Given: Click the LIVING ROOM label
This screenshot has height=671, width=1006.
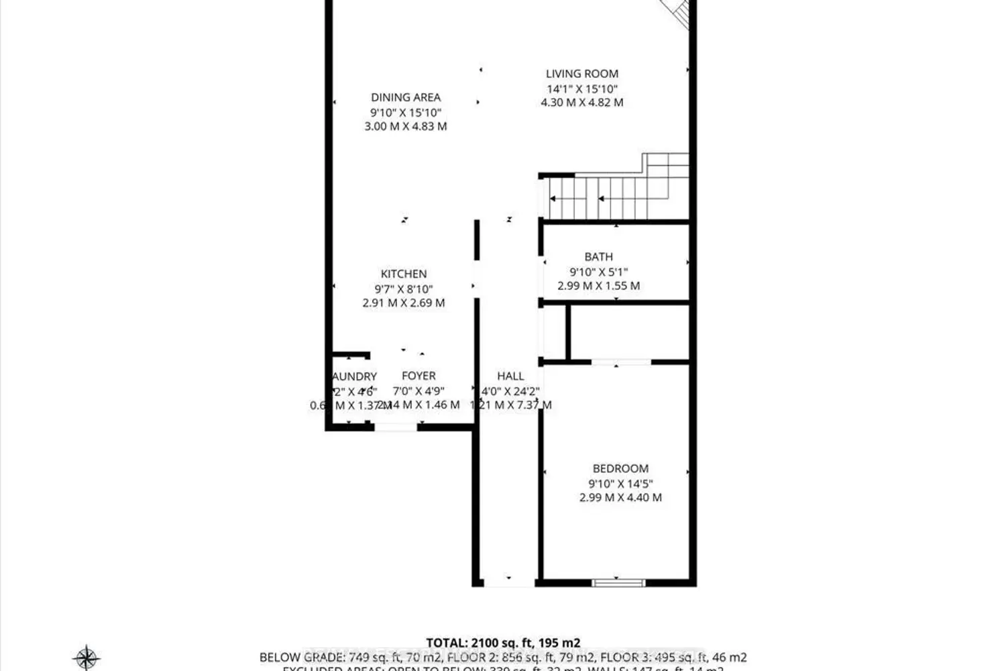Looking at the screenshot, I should [581, 74].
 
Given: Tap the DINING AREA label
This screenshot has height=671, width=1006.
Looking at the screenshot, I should [406, 97].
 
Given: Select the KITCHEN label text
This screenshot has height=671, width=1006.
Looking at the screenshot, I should [404, 274].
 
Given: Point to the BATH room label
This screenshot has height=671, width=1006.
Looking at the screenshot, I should [598, 256].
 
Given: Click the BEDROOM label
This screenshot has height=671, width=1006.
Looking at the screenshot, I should [620, 468].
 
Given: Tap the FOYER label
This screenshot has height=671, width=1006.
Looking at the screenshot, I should [418, 376].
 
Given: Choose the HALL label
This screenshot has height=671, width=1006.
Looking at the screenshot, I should [510, 376].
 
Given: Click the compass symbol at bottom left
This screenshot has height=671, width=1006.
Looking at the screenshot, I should [87, 657].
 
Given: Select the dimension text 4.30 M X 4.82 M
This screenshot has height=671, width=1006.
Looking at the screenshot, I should [581, 103].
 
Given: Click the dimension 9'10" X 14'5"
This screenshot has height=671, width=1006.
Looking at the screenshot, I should [620, 483].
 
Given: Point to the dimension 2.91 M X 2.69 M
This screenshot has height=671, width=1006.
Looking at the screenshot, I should [404, 303].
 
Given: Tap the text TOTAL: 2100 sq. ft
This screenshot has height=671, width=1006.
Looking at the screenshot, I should [503, 642].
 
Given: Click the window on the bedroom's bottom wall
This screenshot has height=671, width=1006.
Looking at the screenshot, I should [618, 582].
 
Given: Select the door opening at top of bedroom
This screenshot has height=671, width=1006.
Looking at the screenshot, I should [621, 362].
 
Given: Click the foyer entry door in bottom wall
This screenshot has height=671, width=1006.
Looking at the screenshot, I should [396, 427].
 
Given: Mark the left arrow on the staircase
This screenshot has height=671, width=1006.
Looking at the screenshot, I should [554, 199].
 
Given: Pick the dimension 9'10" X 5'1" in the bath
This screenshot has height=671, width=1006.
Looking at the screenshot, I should [598, 272].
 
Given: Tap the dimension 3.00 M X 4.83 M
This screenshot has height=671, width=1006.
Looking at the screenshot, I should [406, 126].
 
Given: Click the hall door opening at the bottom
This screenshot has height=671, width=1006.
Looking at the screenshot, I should [508, 582].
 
